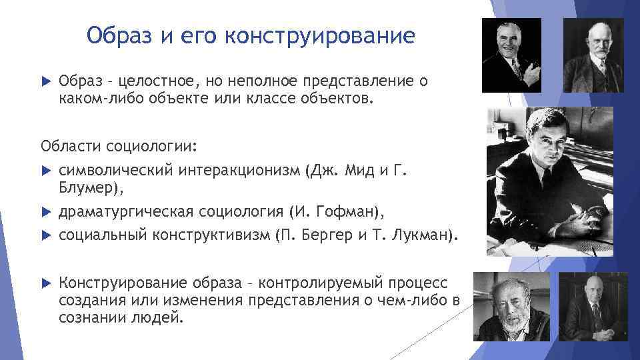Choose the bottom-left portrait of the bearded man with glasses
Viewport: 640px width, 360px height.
click(513, 308)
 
